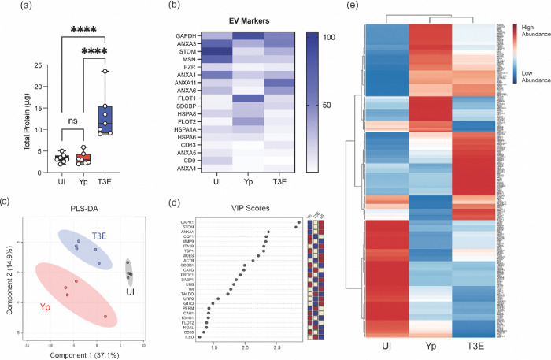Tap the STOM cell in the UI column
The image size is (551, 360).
click(209, 51)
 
